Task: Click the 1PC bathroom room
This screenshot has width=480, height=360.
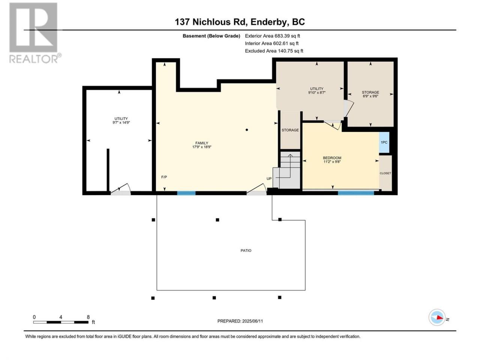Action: pos(384,142)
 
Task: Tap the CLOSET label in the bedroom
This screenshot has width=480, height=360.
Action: pos(385,173)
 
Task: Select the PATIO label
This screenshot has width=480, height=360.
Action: pos(246,250)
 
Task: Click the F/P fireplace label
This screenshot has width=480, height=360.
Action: pos(164,177)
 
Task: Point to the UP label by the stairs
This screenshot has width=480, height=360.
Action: pos(269,178)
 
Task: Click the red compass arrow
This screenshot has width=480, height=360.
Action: pos(439,318)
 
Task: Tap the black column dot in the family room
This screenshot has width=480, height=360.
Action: pos(247,130)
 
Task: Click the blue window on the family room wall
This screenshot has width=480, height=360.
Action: pos(186,193)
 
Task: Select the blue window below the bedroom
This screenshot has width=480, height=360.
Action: pos(356,193)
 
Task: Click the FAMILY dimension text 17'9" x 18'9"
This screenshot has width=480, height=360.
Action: pos(202,147)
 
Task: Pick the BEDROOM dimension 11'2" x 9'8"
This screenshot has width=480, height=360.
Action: pos(332,162)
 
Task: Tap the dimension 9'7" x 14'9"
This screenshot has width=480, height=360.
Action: pos(121,123)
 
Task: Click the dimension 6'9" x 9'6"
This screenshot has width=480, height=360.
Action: pos(370,96)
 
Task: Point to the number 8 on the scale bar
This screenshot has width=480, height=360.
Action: pos(88,317)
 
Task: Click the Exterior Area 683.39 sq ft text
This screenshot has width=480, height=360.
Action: pos(273,36)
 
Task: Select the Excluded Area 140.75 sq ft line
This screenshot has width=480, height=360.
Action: pos(274,51)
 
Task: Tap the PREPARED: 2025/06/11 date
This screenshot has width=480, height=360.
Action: pos(240,321)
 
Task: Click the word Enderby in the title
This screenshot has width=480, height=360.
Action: pos(269,22)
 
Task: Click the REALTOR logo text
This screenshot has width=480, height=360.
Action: pos(33,59)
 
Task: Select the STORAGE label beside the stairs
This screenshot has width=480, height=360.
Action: pos(290,130)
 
